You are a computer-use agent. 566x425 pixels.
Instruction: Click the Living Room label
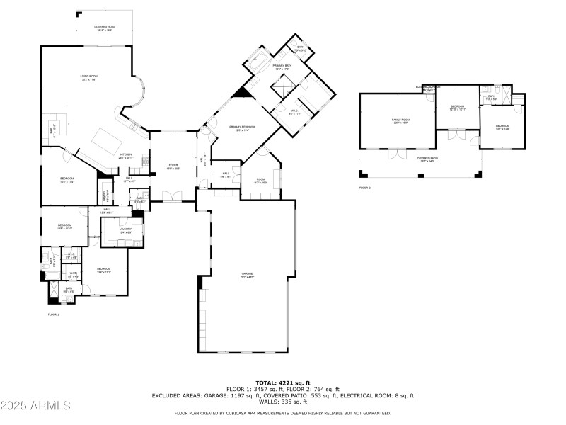pyautogui.click(x=88, y=77)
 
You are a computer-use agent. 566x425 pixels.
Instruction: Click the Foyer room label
pyautogui.click(x=173, y=166)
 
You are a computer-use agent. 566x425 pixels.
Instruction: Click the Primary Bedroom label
pyautogui.click(x=242, y=128)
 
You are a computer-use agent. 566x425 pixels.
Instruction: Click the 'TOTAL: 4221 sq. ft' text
pyautogui.click(x=282, y=383)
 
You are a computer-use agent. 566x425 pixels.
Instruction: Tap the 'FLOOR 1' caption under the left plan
pyautogui.click(x=53, y=314)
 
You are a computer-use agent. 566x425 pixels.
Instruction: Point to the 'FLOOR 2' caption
pyautogui.click(x=365, y=188)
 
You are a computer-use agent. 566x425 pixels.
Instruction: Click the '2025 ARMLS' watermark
pyautogui.click(x=35, y=406)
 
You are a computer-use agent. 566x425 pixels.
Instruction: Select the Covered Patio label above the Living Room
pyautogui.click(x=105, y=28)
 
